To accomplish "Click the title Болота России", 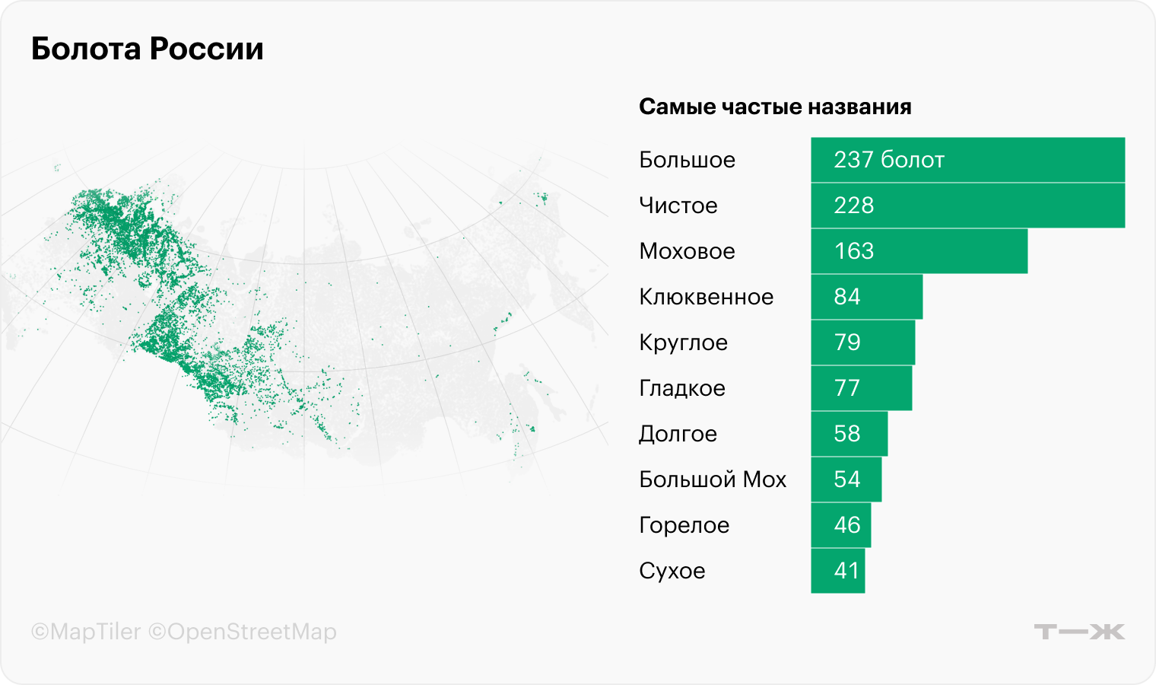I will click(148, 49).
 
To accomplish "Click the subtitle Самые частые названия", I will click(775, 107).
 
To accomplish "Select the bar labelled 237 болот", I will click(967, 160).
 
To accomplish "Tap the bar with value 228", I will click(967, 205).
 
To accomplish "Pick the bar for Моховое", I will click(919, 251).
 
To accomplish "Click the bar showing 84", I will click(866, 297).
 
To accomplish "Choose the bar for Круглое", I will click(862, 342).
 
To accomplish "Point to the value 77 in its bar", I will click(846, 388).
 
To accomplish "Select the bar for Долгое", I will click(849, 434).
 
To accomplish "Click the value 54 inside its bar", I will click(846, 479).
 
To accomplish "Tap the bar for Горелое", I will click(840, 525).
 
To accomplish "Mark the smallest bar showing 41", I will click(837, 571).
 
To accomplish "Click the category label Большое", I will click(687, 160).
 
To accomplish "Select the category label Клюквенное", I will click(706, 297).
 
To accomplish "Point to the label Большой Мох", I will click(712, 479).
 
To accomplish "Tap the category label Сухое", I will click(672, 571).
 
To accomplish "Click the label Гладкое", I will click(681, 388).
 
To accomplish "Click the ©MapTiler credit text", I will click(86, 632).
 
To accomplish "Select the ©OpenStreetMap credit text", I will click(242, 632).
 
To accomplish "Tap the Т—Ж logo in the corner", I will click(1078, 632).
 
